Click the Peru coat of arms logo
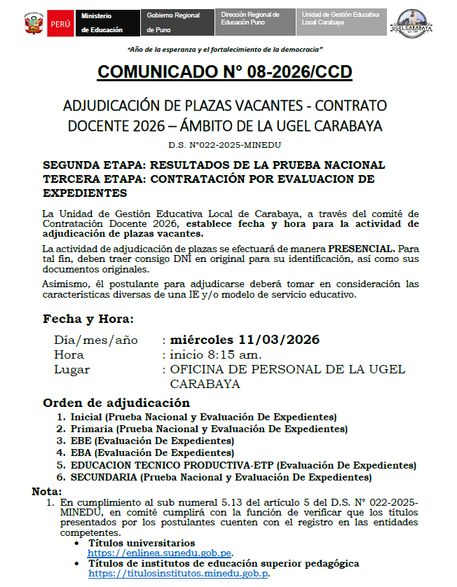click(x=32, y=23)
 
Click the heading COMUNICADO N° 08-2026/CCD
click(x=224, y=72)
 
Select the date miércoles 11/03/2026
click(x=241, y=340)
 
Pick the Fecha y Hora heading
click(x=88, y=319)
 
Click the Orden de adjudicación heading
click(x=116, y=403)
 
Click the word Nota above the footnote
click(x=47, y=491)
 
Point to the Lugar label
click(x=72, y=369)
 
